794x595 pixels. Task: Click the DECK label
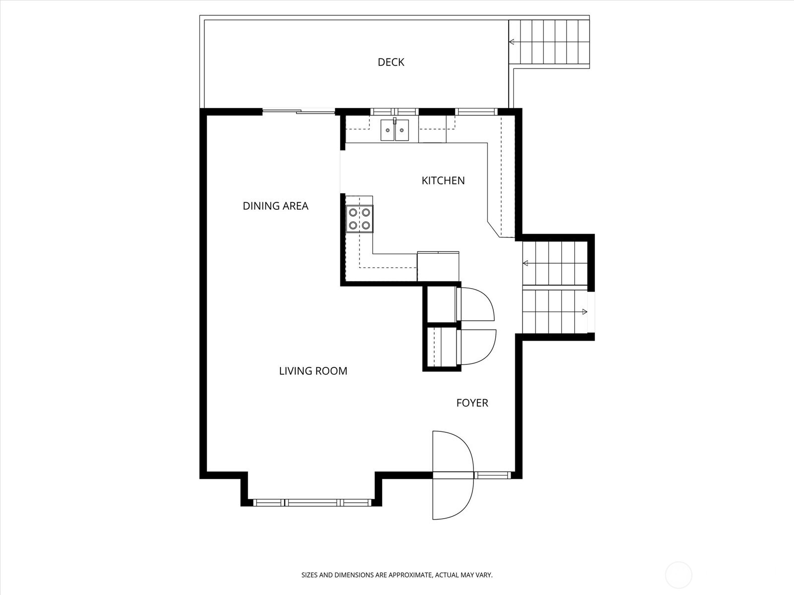pyautogui.click(x=391, y=62)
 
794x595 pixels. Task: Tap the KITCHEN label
pyautogui.click(x=443, y=180)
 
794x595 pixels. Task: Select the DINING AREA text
pyautogui.click(x=275, y=206)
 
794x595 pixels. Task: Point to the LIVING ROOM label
pyautogui.click(x=313, y=371)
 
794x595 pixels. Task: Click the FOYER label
pyautogui.click(x=472, y=403)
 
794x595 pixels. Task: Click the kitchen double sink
pyautogui.click(x=395, y=130)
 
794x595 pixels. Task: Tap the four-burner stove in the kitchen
pyautogui.click(x=360, y=219)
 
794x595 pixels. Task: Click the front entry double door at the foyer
pyautogui.click(x=453, y=475)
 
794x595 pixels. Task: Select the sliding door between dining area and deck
pyautogui.click(x=299, y=111)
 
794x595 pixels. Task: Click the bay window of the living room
pyautogui.click(x=312, y=502)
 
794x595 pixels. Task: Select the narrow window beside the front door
pyautogui.click(x=492, y=475)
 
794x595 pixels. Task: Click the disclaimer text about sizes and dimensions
pyautogui.click(x=397, y=575)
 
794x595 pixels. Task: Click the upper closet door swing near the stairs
pyautogui.click(x=476, y=304)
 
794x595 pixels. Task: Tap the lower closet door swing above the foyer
pyautogui.click(x=477, y=347)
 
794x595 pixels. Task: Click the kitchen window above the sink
pyautogui.click(x=394, y=112)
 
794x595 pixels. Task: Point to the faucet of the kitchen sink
pyautogui.click(x=395, y=120)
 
